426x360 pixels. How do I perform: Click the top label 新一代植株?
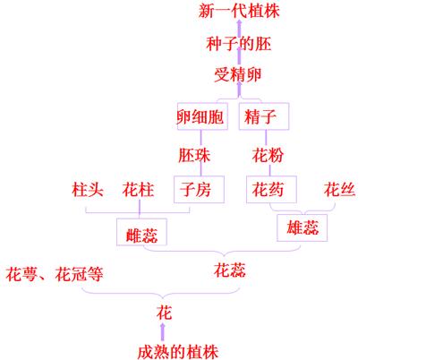(239, 11)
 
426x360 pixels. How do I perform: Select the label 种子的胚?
(239, 44)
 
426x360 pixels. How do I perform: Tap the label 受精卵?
(238, 74)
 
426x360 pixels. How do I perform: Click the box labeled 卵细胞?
(202, 116)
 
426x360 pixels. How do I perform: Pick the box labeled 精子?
(264, 116)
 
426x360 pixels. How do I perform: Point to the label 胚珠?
(194, 155)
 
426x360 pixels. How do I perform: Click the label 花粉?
(268, 155)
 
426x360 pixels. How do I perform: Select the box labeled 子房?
(199, 189)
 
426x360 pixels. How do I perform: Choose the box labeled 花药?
(271, 189)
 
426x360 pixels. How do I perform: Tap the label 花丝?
(339, 189)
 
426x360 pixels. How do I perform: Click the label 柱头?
(88, 189)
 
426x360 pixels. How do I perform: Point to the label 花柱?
(138, 189)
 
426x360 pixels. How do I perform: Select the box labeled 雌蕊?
(141, 232)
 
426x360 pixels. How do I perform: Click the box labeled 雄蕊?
(302, 227)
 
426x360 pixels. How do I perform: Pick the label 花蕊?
(230, 270)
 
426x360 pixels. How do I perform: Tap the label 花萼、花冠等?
(55, 274)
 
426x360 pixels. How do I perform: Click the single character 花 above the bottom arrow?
(164, 313)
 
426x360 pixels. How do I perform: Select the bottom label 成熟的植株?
(178, 352)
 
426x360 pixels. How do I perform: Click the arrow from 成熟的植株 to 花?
(163, 331)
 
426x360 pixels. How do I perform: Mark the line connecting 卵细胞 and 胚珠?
(200, 139)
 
